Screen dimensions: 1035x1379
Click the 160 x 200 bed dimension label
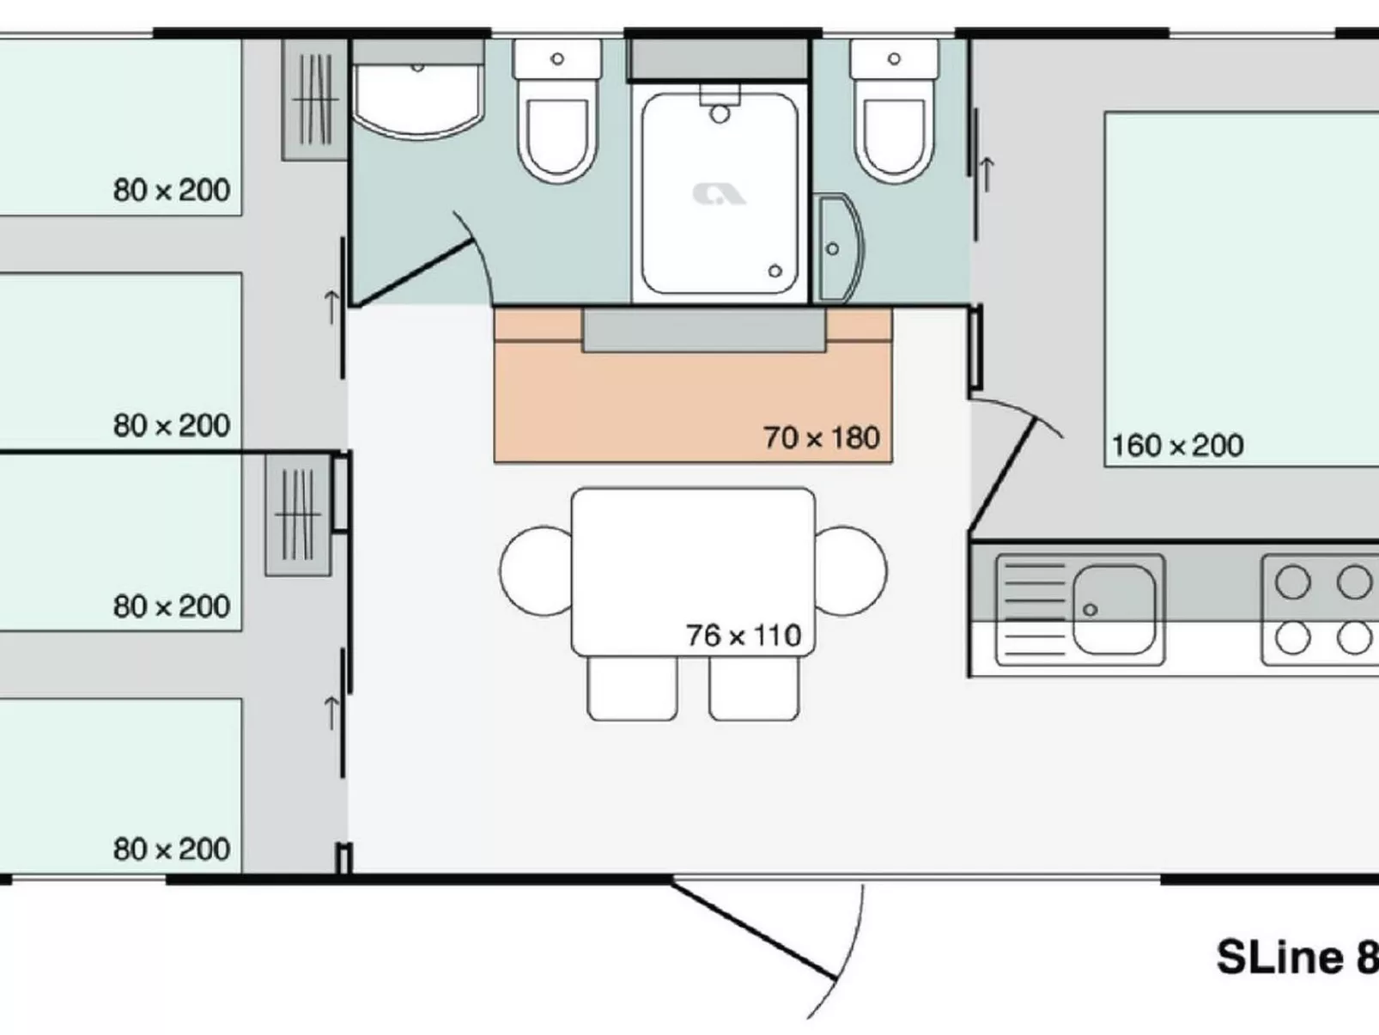pos(1176,446)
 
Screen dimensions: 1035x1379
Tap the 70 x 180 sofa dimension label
pos(821,438)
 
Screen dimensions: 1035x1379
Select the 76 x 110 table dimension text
pos(743,636)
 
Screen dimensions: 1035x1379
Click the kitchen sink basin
pos(1113,609)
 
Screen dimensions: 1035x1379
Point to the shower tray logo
pos(719,194)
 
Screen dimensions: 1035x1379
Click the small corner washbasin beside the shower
pos(838,249)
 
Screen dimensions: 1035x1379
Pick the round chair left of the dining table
pos(536,570)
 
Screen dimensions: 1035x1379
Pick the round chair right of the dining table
pos(850,570)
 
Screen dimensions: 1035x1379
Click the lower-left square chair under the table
pos(632,687)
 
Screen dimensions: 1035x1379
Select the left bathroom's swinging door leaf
pos(416,273)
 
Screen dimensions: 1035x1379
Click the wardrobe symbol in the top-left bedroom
pos(314,100)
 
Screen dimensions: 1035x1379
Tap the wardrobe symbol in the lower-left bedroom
pos(298,514)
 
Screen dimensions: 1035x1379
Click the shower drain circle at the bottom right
pos(775,271)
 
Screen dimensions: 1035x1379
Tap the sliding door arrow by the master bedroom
pos(987,174)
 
